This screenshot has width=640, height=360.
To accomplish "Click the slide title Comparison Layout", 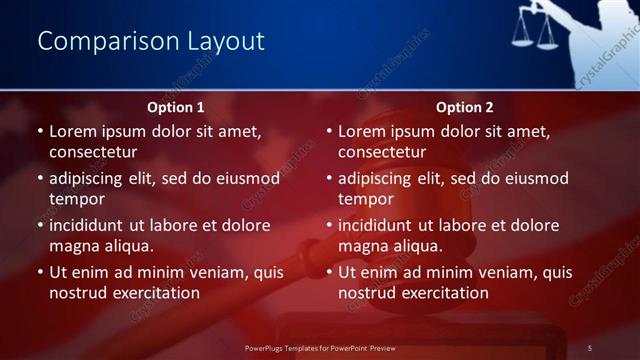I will pyautogui.click(x=151, y=41).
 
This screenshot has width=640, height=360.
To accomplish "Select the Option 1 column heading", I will pyautogui.click(x=176, y=107).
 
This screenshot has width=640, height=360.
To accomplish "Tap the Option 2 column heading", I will pyautogui.click(x=465, y=107).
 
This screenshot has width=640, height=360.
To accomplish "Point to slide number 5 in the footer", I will pyautogui.click(x=590, y=347).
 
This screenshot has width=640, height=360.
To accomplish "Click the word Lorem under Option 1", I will pyautogui.click(x=74, y=131).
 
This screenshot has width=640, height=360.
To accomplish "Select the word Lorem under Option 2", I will pyautogui.click(x=363, y=131).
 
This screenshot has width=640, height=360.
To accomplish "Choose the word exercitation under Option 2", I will pyautogui.click(x=444, y=293).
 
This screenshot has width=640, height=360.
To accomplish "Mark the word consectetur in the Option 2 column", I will pyautogui.click(x=385, y=152).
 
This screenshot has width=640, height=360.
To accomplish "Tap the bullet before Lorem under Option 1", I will pyautogui.click(x=40, y=131).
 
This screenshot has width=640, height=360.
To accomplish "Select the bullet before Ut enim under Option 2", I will pyautogui.click(x=329, y=272).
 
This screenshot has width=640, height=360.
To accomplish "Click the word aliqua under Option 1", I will pyautogui.click(x=125, y=246).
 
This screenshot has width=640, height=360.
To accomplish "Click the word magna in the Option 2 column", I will pyautogui.click(x=362, y=246).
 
